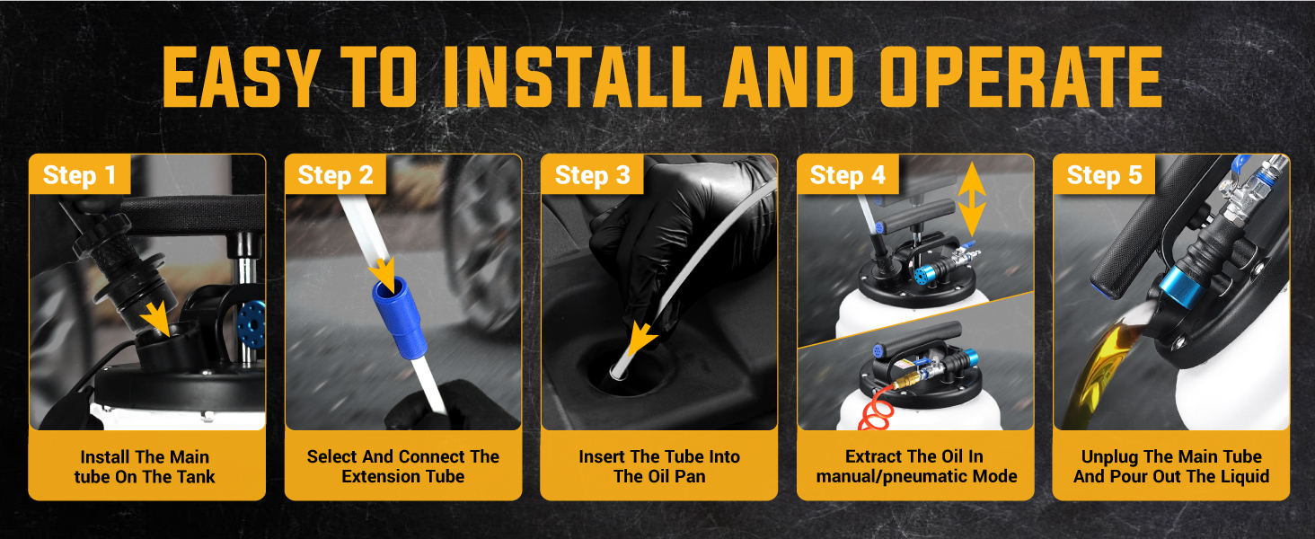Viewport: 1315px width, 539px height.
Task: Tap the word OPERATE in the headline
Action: (1021, 77)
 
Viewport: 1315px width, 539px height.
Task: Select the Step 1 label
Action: (79, 175)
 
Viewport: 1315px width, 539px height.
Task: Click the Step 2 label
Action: (335, 175)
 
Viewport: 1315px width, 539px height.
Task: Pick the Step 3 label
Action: (592, 175)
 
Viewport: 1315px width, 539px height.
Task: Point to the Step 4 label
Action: (848, 175)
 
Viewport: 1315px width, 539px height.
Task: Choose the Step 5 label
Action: (1104, 175)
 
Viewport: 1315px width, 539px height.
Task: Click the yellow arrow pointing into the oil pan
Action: (641, 340)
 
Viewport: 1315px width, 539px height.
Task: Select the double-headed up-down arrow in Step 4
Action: (972, 199)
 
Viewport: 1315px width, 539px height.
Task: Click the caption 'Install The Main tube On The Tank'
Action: (145, 467)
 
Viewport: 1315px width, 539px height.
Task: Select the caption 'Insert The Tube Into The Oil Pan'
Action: (659, 466)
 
